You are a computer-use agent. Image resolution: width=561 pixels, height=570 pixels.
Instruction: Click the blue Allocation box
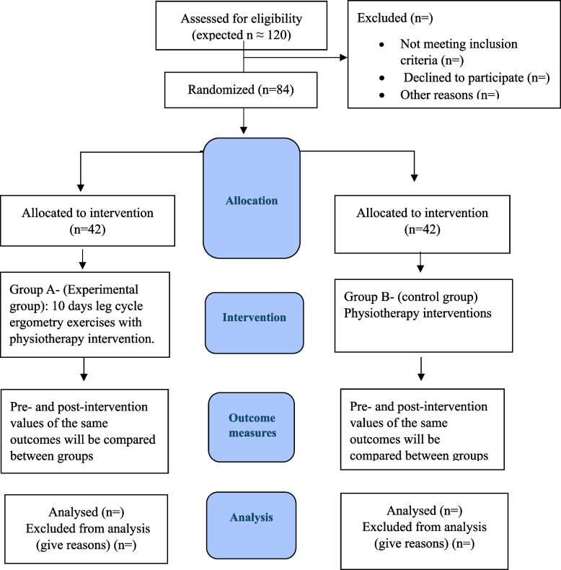252,198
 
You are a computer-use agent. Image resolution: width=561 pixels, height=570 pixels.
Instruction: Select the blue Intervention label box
255,323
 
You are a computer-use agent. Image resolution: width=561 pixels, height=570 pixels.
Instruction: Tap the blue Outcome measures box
252,427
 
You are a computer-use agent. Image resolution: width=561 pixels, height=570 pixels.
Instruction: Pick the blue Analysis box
252,525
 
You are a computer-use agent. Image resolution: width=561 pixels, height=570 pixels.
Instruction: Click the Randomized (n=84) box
241,89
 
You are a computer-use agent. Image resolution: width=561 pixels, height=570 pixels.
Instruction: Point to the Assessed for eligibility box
242,25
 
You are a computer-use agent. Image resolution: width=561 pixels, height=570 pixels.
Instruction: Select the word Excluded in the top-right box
382,18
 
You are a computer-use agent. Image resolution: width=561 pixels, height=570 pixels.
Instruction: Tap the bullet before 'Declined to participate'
381,78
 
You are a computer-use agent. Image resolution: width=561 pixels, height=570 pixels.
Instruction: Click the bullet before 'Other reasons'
381,95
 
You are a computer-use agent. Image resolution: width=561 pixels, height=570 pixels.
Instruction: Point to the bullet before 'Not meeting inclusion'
381,44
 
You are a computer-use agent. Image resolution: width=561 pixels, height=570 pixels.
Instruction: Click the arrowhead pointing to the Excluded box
343,57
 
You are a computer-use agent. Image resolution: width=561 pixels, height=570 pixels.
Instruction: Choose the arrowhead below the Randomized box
244,130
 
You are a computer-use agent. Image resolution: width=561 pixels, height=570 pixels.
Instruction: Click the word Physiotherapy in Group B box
381,313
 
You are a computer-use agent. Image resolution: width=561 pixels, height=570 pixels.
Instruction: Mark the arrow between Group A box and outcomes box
84,369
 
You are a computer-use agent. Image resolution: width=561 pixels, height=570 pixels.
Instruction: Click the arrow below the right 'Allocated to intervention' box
420,262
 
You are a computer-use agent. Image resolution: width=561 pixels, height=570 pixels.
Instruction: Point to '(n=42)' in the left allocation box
87,229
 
